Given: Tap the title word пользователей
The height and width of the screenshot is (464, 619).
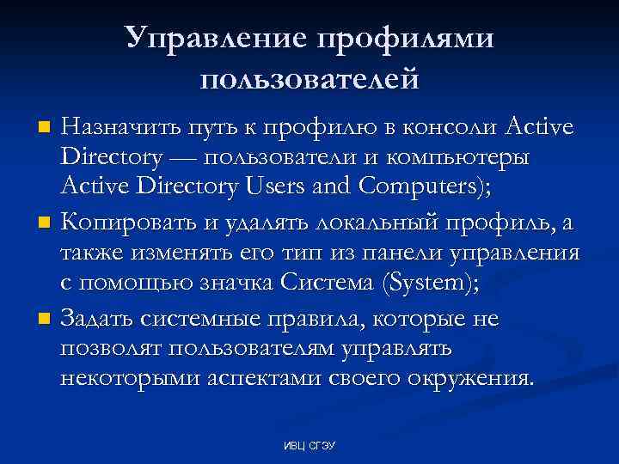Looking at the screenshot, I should point(309,80).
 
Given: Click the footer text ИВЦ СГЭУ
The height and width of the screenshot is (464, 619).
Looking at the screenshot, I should point(309,446).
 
